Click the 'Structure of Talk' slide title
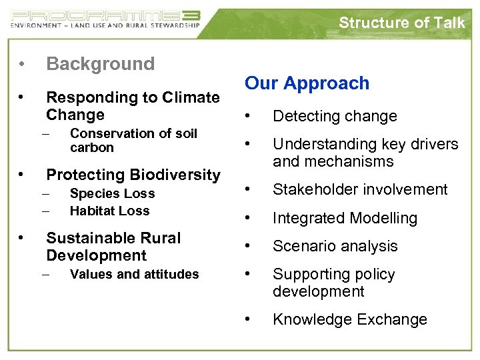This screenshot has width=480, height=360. click(x=401, y=23)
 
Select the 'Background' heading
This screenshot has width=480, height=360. click(x=100, y=64)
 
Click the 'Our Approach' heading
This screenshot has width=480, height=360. click(x=307, y=83)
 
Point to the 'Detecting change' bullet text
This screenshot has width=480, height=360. click(x=335, y=116)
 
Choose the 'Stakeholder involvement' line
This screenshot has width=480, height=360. click(x=360, y=190)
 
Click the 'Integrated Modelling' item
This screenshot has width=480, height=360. click(x=345, y=218)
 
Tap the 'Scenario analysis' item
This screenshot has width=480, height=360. click(x=335, y=246)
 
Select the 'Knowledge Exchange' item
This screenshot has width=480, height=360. click(x=349, y=320)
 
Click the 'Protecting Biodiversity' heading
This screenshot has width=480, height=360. click(x=133, y=175)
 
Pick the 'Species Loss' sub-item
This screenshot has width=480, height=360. click(x=112, y=194)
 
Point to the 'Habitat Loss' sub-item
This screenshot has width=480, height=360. click(x=109, y=211)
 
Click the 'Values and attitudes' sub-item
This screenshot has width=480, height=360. click(x=134, y=274)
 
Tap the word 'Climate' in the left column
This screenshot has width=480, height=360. click(x=192, y=97)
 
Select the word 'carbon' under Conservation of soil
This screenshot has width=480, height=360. click(x=91, y=147)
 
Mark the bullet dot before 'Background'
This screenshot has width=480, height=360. click(x=23, y=65)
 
